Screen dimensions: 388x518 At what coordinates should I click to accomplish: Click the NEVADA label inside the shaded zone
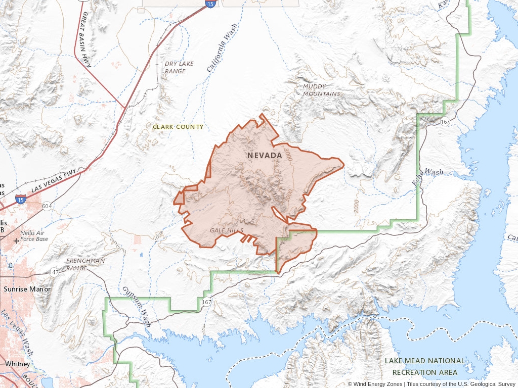click(265, 155)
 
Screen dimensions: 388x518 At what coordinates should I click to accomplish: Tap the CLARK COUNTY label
click(178, 127)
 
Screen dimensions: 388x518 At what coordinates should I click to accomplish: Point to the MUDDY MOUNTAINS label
click(322, 90)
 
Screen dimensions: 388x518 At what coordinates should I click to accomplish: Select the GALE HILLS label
click(227, 230)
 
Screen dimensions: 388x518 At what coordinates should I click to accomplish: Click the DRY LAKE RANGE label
click(179, 67)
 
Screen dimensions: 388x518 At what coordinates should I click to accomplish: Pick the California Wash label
click(221, 47)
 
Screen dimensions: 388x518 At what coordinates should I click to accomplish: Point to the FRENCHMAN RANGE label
click(85, 264)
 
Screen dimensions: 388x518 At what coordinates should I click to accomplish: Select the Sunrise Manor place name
click(27, 289)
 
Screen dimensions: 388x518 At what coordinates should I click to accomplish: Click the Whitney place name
click(17, 364)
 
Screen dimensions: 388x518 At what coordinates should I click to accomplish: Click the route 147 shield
click(54, 272)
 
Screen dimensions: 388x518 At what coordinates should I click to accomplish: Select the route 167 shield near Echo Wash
click(445, 122)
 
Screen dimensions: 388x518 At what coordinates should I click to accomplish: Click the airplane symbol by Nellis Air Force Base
click(17, 239)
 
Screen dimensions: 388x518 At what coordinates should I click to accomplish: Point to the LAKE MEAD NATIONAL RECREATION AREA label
click(424, 367)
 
